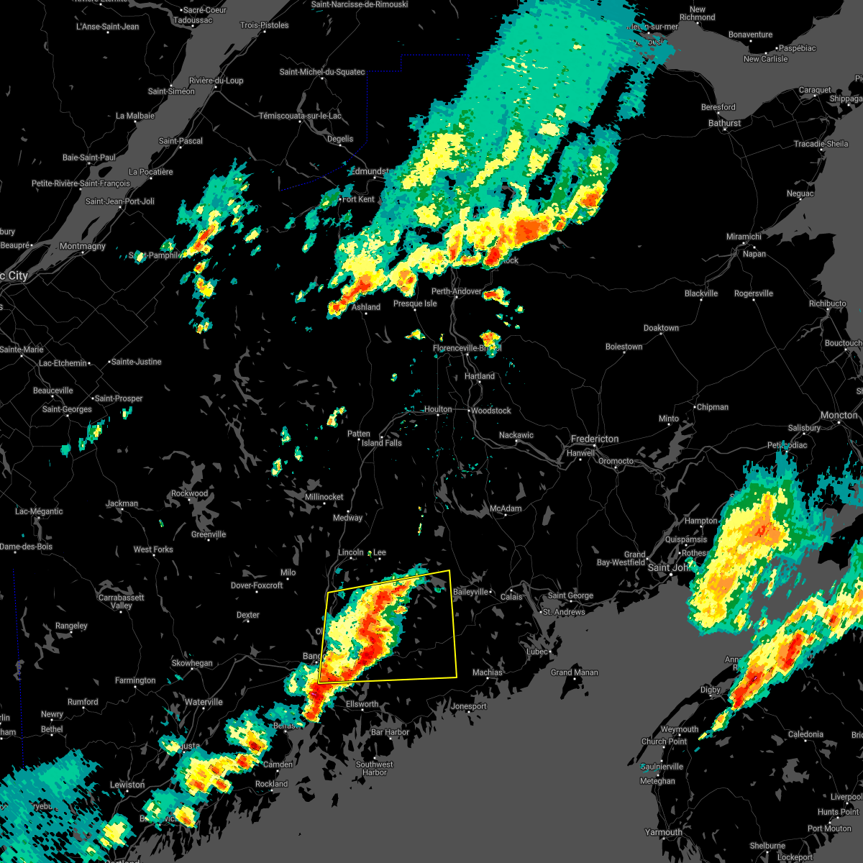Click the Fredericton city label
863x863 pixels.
tap(594, 439)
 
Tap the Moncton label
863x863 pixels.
tap(839, 416)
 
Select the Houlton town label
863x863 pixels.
tap(437, 409)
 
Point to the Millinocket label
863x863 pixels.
tap(324, 497)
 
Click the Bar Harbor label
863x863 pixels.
tap(390, 732)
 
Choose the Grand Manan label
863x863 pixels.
tap(574, 672)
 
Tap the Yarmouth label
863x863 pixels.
tap(663, 832)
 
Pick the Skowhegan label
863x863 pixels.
tap(192, 663)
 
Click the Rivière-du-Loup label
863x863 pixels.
tap(216, 81)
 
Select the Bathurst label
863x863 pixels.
tap(724, 123)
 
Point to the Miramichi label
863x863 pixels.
tap(744, 237)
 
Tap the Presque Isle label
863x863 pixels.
tap(415, 303)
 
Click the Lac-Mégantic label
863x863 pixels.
tap(39, 511)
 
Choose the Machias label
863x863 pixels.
tap(487, 672)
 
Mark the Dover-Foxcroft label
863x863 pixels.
tap(257, 585)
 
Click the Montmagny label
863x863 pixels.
tap(82, 246)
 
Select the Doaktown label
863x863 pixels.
tap(661, 328)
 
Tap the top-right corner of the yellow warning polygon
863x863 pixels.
tap(449, 571)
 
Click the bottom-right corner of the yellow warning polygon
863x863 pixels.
tap(457, 677)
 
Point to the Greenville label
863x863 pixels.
tap(209, 534)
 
